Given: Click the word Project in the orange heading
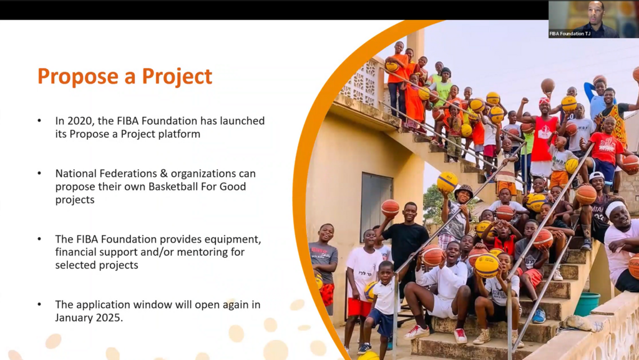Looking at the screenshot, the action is click(x=177, y=76).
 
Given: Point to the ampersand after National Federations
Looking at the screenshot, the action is click(x=164, y=174).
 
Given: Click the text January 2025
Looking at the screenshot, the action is click(x=89, y=318).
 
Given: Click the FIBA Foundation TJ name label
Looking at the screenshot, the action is click(x=570, y=34).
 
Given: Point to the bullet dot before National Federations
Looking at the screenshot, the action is click(x=39, y=173).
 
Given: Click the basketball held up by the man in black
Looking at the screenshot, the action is click(x=390, y=208).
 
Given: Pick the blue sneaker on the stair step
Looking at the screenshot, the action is click(x=539, y=316).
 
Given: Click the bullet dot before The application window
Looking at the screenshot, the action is click(x=39, y=304).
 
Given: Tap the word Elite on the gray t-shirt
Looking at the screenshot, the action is click(x=319, y=250).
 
